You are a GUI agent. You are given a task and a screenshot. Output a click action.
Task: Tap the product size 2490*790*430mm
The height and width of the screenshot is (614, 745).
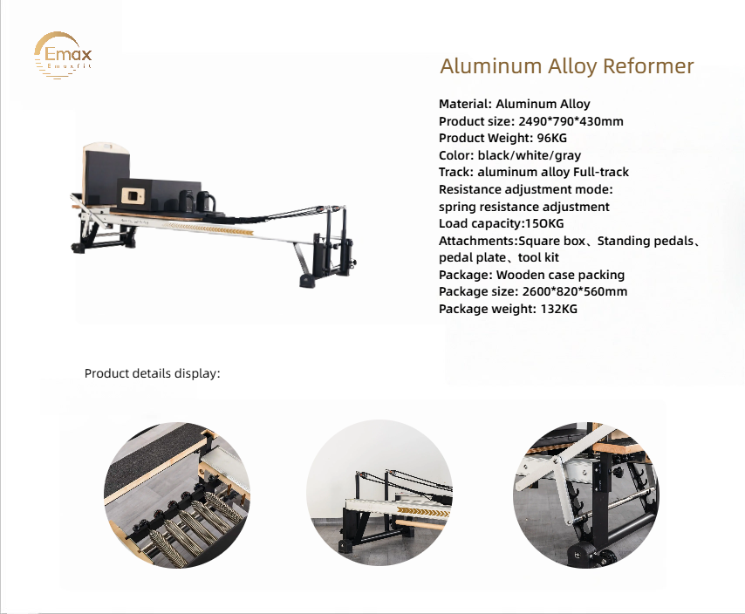coord(571,121)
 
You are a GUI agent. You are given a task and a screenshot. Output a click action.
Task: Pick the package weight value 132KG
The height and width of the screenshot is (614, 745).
coord(557,309)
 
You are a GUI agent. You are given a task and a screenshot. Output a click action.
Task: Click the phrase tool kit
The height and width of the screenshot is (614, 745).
coord(539,257)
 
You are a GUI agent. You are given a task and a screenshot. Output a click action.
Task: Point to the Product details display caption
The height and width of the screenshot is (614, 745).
coord(152,373)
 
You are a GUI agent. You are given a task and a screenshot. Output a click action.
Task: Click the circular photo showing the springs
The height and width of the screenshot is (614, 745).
coord(177,494)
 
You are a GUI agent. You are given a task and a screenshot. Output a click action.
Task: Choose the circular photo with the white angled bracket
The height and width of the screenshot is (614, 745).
coord(585,494)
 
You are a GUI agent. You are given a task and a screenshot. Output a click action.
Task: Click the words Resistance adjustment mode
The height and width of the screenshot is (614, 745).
coord(526,189)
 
